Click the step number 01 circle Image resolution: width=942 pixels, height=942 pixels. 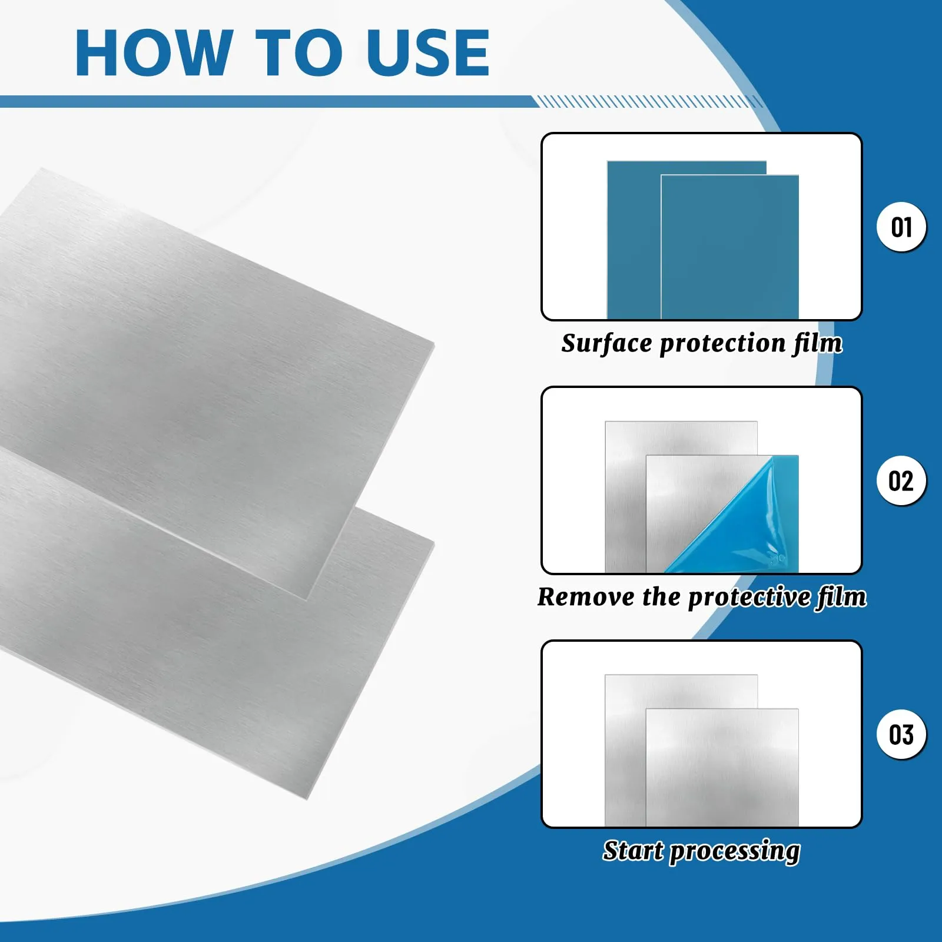pyautogui.click(x=901, y=227)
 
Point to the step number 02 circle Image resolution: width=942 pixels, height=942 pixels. pyautogui.click(x=901, y=480)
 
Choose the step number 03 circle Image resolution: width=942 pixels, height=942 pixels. pyautogui.click(x=901, y=734)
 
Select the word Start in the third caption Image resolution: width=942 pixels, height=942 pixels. pyautogui.click(x=633, y=850)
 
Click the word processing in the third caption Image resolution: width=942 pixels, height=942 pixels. pyautogui.click(x=735, y=853)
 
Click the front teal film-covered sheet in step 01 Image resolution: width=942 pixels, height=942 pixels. pyautogui.click(x=729, y=247)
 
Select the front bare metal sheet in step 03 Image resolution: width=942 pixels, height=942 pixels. pyautogui.click(x=722, y=767)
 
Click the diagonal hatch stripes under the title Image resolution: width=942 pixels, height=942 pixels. pyautogui.click(x=651, y=101)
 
